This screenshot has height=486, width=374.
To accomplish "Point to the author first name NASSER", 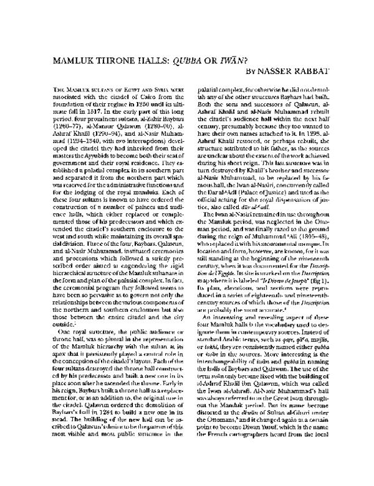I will [x=280, y=73].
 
